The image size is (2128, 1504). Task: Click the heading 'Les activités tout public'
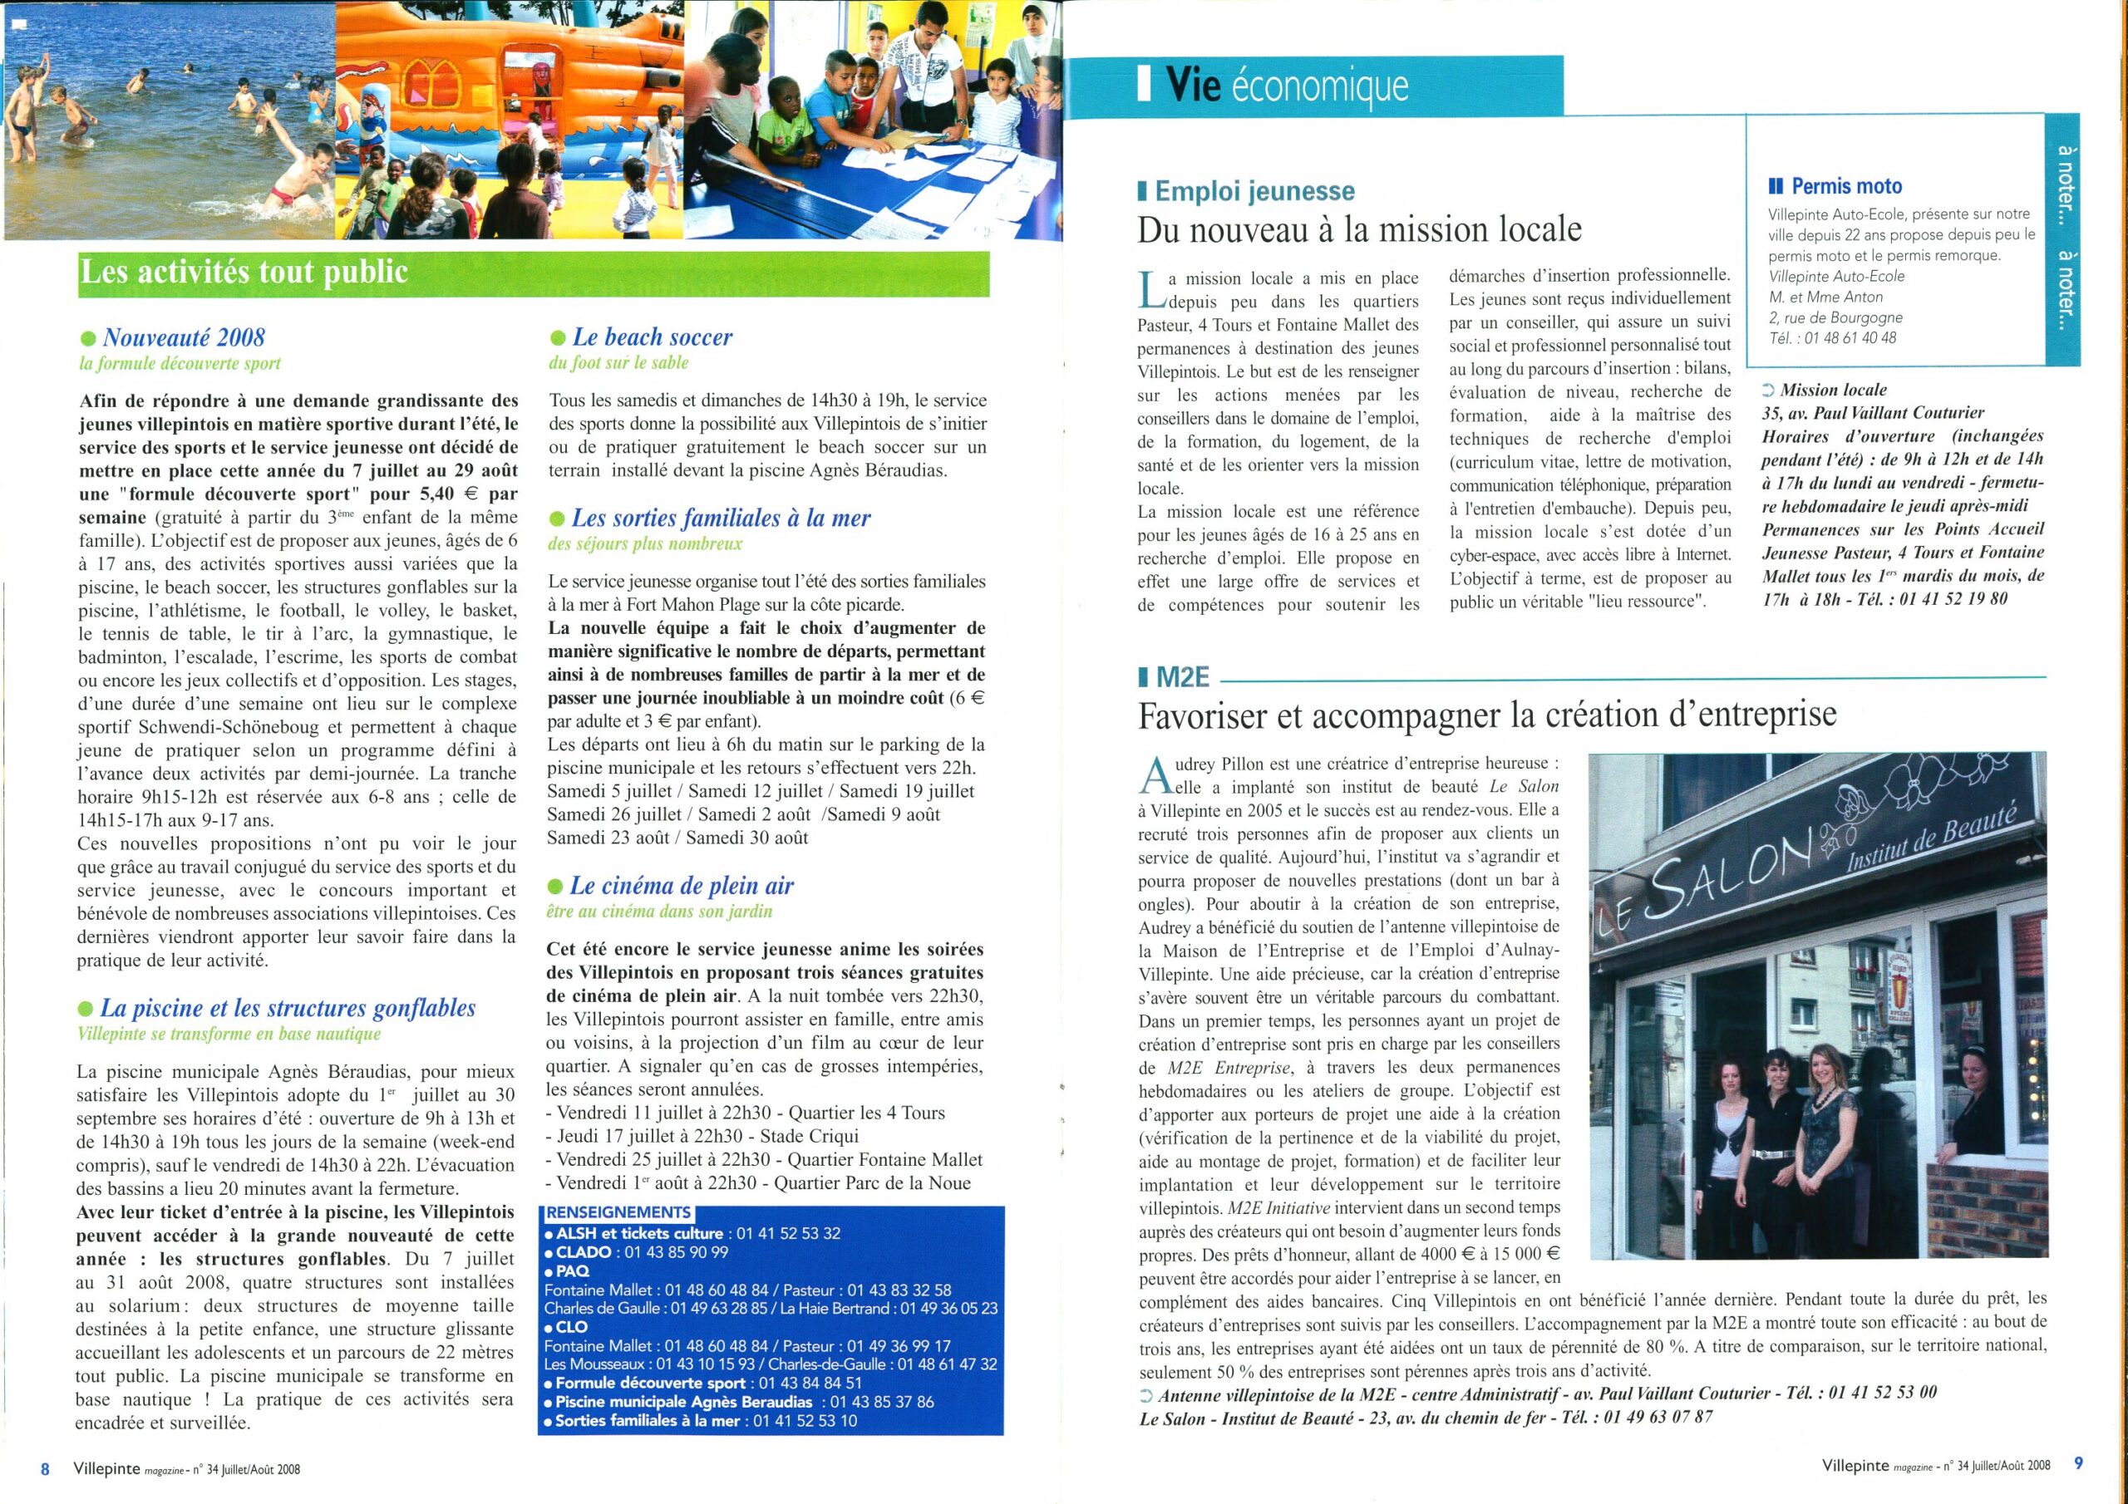click(244, 272)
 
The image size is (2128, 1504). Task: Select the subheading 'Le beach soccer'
click(652, 337)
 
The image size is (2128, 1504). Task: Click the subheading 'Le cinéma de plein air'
click(682, 886)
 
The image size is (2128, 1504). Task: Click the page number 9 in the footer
click(2078, 1464)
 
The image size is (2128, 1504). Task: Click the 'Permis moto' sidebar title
click(1846, 186)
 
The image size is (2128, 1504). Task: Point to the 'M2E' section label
click(1184, 677)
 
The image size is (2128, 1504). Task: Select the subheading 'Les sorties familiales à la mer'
click(720, 518)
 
